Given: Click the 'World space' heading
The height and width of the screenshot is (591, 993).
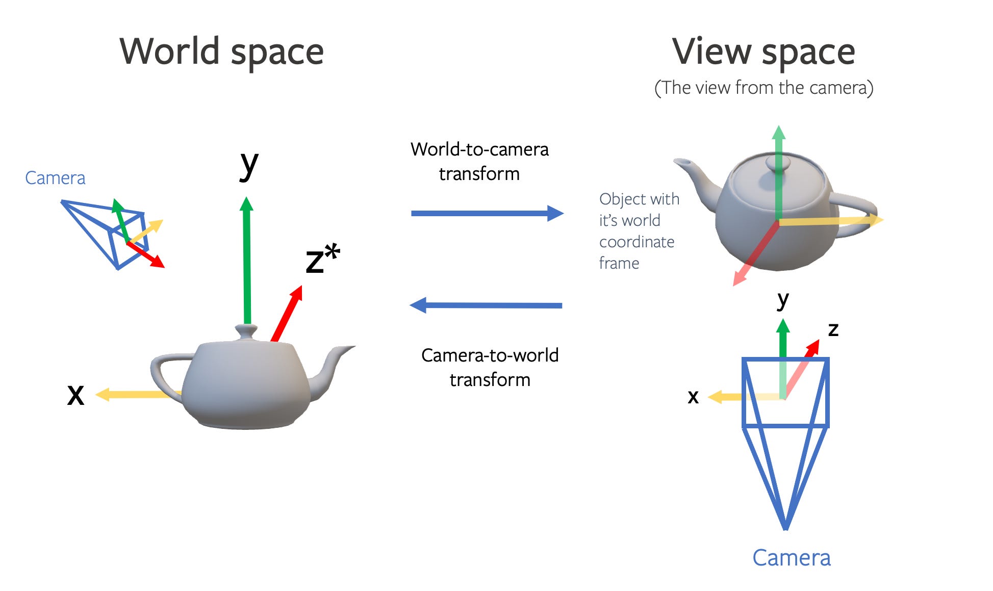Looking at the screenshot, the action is (x=221, y=52).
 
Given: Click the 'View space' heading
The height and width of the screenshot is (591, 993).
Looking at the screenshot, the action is (x=763, y=52).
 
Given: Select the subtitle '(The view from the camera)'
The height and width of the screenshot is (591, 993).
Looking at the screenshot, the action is (x=763, y=88).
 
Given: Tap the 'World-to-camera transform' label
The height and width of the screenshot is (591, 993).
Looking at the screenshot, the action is (x=479, y=161).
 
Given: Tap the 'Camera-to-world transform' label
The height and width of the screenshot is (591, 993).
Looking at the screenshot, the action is (x=490, y=367).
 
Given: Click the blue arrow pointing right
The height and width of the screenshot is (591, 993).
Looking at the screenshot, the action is (x=487, y=213).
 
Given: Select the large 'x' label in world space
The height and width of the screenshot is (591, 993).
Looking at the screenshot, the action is (x=75, y=395).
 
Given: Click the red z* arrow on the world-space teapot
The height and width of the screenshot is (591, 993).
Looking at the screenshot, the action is (x=287, y=313).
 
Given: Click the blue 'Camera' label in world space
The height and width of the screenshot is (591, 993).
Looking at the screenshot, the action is (x=55, y=178).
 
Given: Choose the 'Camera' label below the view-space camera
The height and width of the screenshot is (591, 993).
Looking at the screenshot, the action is (x=791, y=557).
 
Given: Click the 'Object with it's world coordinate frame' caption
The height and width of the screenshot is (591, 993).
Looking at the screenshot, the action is (x=639, y=230).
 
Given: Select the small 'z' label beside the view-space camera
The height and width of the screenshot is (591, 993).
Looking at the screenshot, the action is (x=833, y=329).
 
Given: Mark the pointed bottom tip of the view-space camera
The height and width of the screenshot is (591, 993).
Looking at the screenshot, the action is (x=785, y=528).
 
